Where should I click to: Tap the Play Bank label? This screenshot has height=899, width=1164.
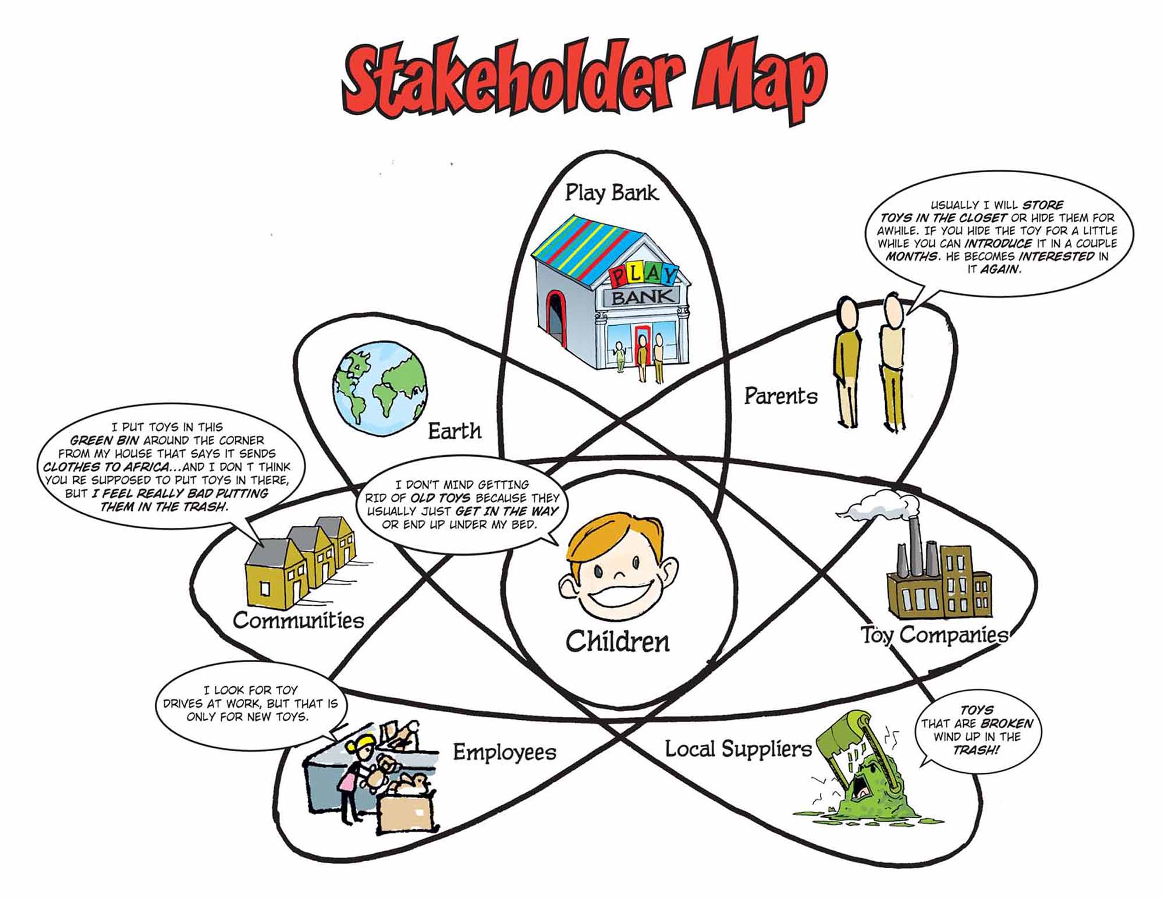(611, 192)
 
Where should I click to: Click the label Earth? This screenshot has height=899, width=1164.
(455, 431)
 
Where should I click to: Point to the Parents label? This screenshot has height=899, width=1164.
(780, 397)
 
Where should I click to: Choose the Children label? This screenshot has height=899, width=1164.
(617, 641)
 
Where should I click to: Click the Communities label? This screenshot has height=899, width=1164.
(298, 620)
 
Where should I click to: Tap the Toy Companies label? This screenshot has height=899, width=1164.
(934, 634)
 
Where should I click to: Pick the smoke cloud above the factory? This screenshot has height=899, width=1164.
(873, 504)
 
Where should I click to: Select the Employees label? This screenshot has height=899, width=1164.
(505, 752)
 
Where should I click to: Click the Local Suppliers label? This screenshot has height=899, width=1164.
(738, 749)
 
